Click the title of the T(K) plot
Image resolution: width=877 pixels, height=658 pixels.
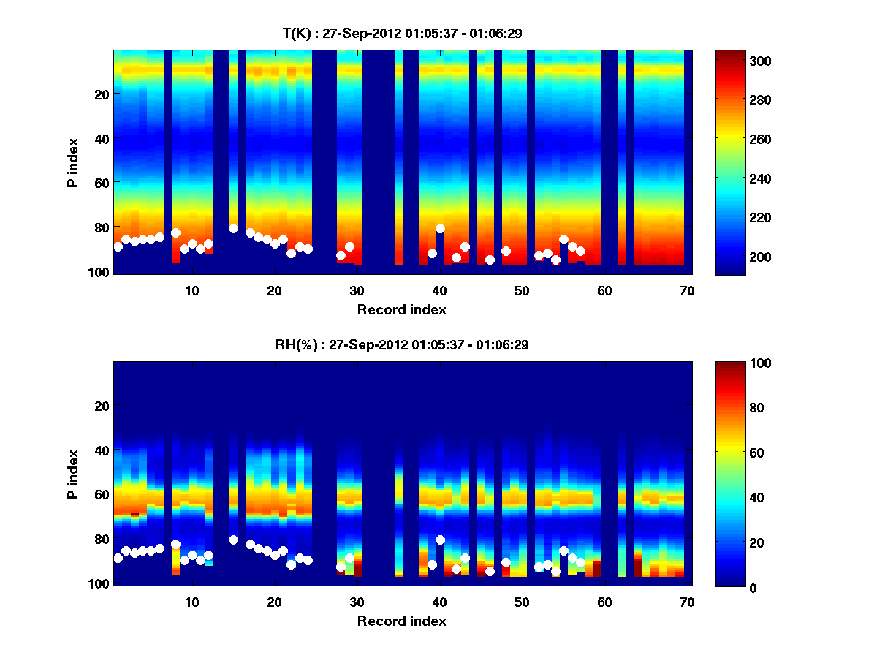pyautogui.click(x=401, y=33)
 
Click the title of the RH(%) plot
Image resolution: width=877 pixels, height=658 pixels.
pyautogui.click(x=401, y=344)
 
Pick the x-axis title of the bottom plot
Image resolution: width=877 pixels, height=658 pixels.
pyautogui.click(x=401, y=621)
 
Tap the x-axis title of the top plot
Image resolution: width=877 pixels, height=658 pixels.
pyautogui.click(x=401, y=309)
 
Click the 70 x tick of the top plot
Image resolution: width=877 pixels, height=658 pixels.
pyautogui.click(x=687, y=291)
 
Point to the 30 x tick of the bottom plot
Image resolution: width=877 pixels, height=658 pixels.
pyautogui.click(x=357, y=602)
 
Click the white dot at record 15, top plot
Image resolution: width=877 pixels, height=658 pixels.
pyautogui.click(x=234, y=228)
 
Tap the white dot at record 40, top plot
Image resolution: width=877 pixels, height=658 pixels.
pyautogui.click(x=440, y=228)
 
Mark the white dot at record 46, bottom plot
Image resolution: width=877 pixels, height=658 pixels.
pyautogui.click(x=490, y=572)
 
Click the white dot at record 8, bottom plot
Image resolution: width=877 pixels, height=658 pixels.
pyautogui.click(x=175, y=544)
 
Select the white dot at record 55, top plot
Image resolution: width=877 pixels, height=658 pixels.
pyautogui.click(x=563, y=239)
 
